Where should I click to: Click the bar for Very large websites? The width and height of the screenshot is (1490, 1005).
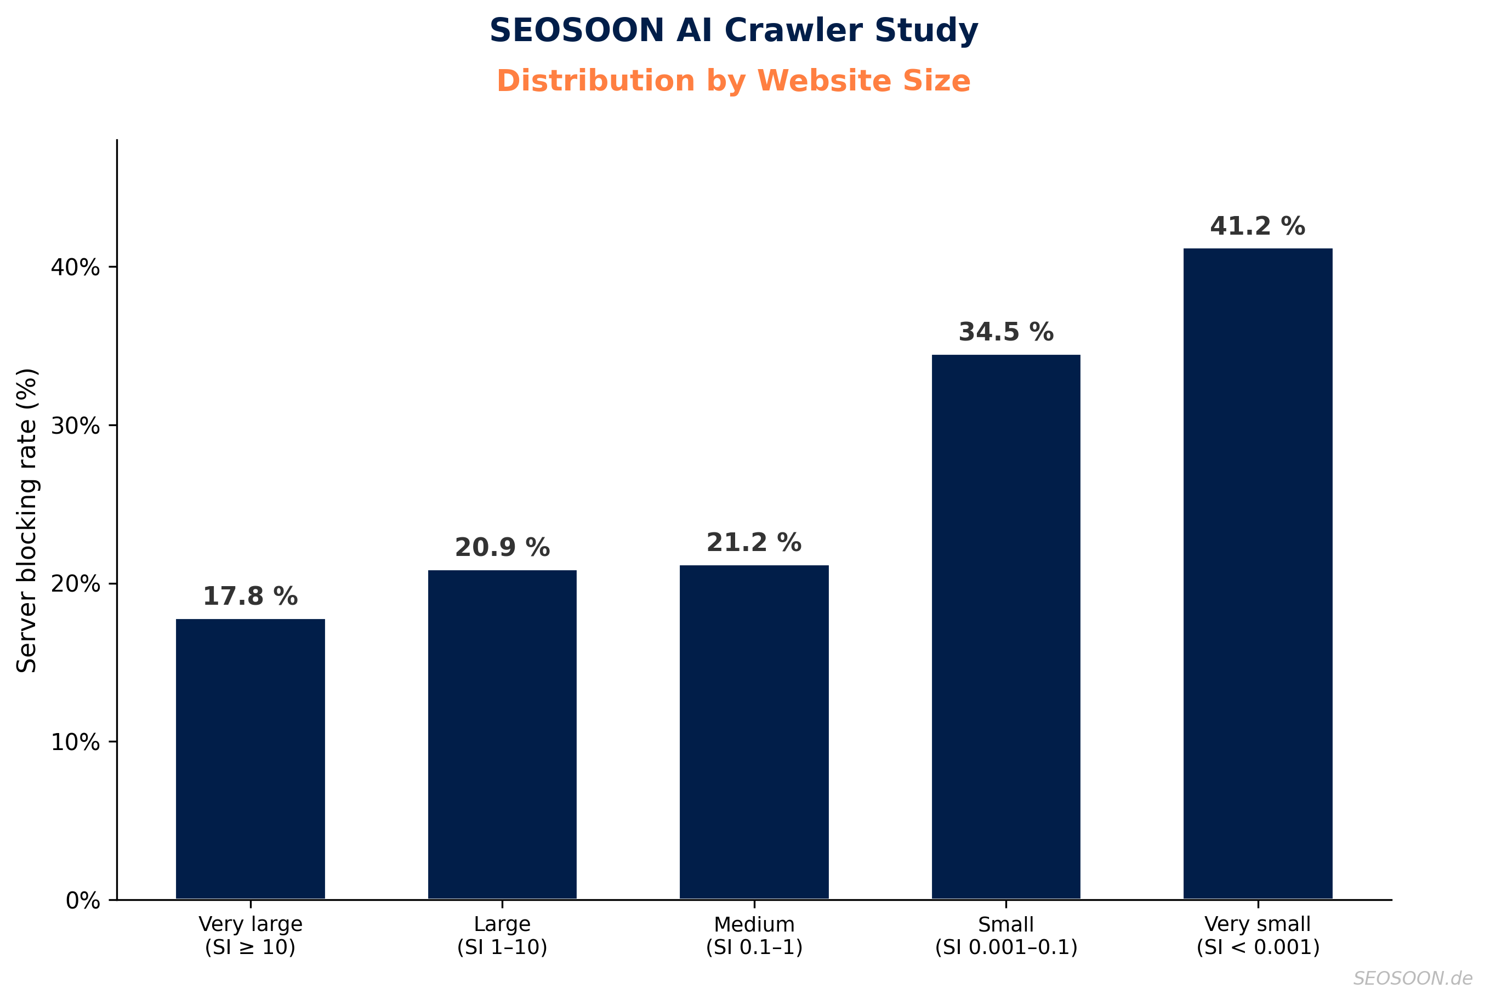click(250, 759)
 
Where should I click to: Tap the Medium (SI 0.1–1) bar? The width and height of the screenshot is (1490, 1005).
click(754, 732)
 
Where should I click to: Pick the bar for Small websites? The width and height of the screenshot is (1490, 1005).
click(1005, 627)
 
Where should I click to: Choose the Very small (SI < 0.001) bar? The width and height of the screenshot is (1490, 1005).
click(1258, 574)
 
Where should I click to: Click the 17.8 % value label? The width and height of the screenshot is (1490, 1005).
click(250, 597)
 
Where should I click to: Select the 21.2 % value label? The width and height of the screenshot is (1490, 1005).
click(754, 543)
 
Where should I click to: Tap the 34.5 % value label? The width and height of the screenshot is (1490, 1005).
click(1005, 332)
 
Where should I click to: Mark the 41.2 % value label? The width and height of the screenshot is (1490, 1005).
click(1258, 226)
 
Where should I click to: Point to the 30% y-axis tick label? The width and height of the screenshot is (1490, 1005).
click(76, 425)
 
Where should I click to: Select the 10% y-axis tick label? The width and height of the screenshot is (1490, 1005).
click(76, 742)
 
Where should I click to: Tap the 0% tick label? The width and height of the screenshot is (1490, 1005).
click(83, 900)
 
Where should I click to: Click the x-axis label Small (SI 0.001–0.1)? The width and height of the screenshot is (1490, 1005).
click(1005, 936)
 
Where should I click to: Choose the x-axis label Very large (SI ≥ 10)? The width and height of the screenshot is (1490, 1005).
click(250, 936)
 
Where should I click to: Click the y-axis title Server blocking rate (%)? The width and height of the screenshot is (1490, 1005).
click(27, 520)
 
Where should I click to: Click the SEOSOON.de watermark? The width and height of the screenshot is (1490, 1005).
click(1413, 978)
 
